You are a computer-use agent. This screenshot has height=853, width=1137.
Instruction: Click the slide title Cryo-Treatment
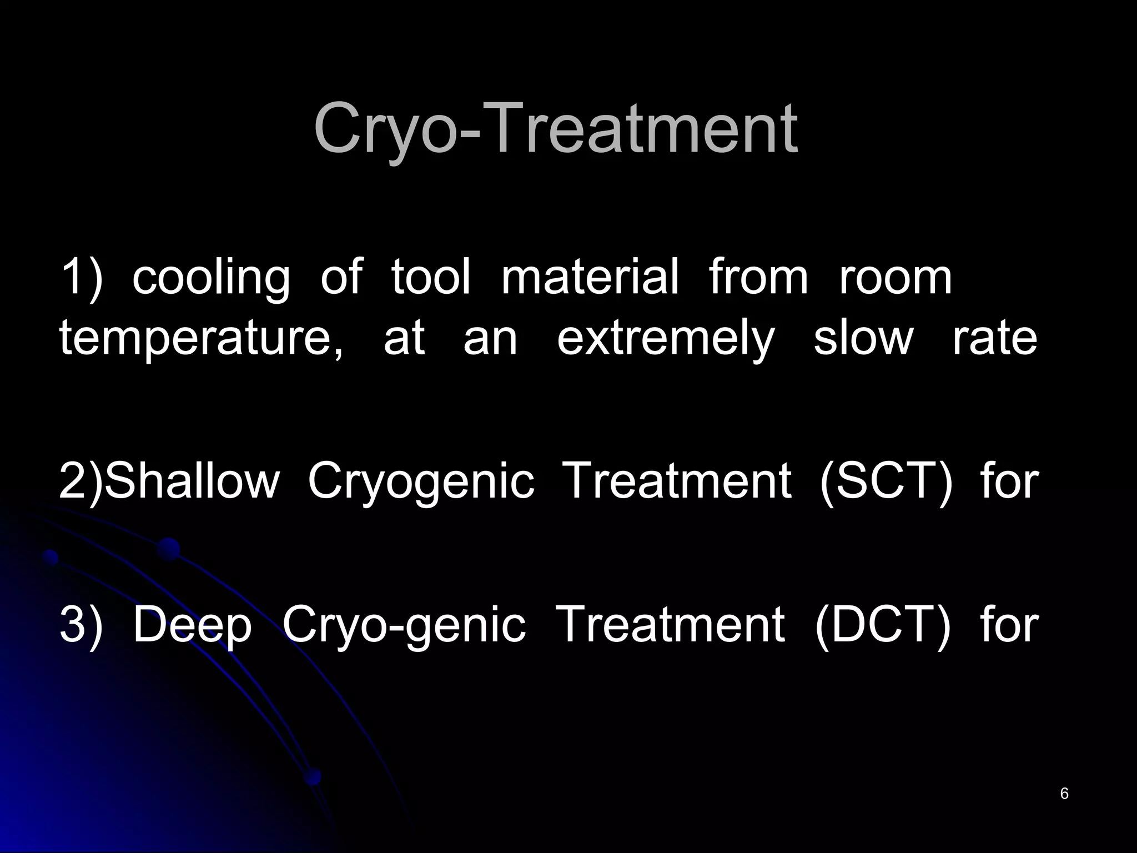(x=556, y=129)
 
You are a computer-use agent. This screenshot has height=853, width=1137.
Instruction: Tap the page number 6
(x=1064, y=794)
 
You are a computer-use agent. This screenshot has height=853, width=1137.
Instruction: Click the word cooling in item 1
(x=211, y=278)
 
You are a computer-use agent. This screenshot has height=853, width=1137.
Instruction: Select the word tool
(x=431, y=277)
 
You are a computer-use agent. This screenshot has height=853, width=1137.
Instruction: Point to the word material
(x=590, y=277)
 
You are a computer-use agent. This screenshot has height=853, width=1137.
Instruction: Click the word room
(x=895, y=277)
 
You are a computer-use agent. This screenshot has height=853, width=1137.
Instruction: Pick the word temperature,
(x=201, y=339)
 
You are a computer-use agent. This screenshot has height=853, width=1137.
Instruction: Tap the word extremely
(x=665, y=339)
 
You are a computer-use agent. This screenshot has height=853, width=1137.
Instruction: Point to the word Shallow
(x=192, y=481)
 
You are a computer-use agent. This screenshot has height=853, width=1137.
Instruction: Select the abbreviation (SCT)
(x=886, y=481)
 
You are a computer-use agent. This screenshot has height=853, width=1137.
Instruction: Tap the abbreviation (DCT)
(x=883, y=624)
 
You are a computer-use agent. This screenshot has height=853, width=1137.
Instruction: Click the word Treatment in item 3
(x=670, y=624)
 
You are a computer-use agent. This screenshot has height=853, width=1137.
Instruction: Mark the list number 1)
(x=81, y=277)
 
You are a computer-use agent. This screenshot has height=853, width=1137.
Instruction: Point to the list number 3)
(x=81, y=624)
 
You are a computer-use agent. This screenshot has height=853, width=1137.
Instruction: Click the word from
(x=758, y=277)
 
